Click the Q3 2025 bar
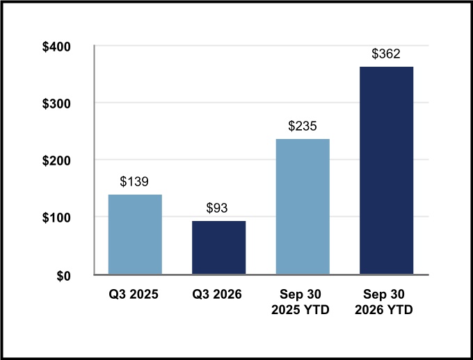tap(135, 234)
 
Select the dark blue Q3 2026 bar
tap(218, 247)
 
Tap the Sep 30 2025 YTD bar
tap(303, 206)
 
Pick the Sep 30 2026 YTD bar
tap(387, 170)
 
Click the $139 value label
tap(134, 181)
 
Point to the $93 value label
tap(217, 208)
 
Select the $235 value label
tap(303, 126)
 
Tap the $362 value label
tap(386, 54)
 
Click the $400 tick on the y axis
tap(56, 47)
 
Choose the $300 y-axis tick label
tap(56, 104)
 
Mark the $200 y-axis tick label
tap(56, 161)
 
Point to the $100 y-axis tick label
tap(56, 218)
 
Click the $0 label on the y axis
tap(64, 276)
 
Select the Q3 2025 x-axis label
tap(134, 294)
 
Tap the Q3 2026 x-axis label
tap(217, 294)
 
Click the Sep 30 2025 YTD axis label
tap(300, 302)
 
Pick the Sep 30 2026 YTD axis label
tap(384, 302)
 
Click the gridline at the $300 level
tap(262, 103)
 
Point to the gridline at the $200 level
tap(262, 159)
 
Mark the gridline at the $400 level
tap(262, 46)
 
